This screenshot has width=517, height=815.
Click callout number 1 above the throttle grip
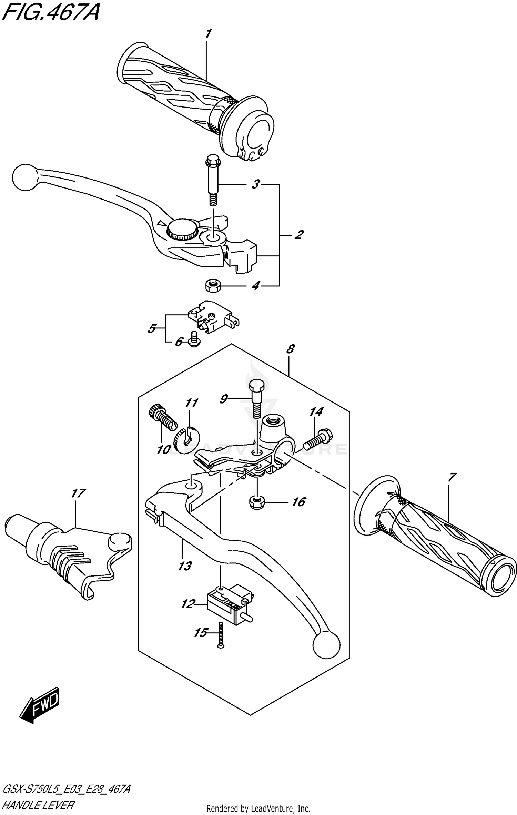click(208, 34)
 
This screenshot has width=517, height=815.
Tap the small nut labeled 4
click(212, 286)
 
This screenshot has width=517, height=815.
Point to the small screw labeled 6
click(195, 338)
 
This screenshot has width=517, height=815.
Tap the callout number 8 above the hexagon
click(290, 349)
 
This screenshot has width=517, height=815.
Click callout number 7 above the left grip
click(452, 477)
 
